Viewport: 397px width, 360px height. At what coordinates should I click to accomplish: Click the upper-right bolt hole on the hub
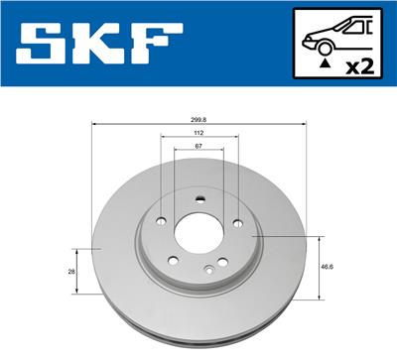point(236,220)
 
